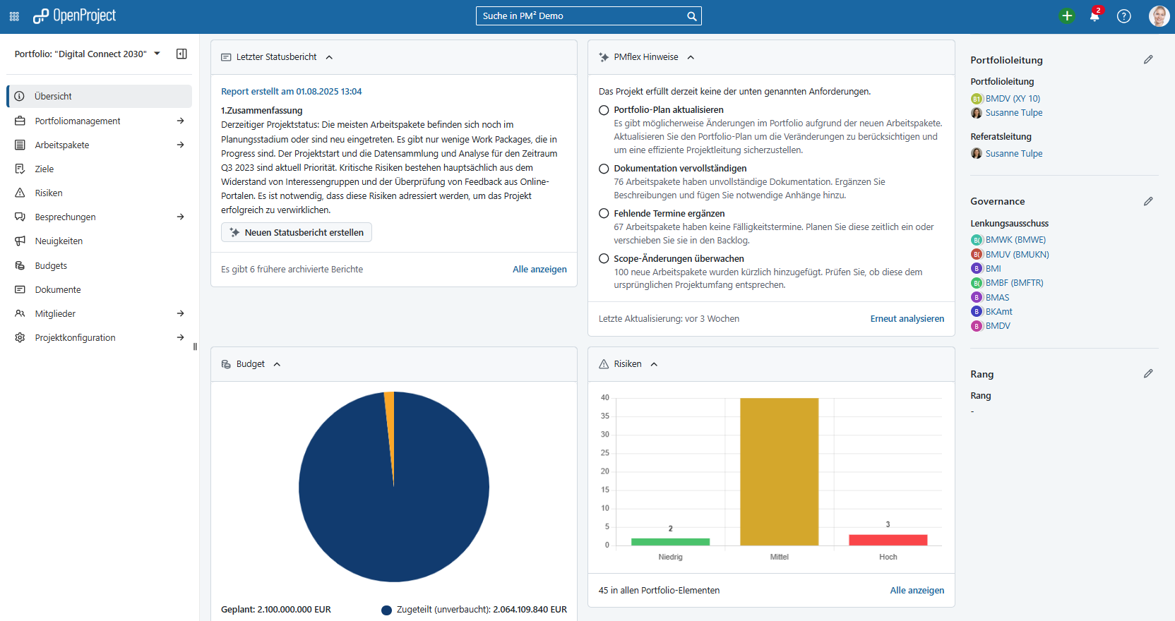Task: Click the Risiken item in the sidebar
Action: pos(49,193)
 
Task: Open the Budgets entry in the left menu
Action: pos(51,265)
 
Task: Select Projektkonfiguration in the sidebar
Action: pos(75,337)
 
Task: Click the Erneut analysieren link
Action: pos(907,319)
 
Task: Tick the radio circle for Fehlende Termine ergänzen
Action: pos(604,213)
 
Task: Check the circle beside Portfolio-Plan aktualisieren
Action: pos(604,110)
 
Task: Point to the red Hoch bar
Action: pos(888,540)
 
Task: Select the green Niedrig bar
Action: pos(670,542)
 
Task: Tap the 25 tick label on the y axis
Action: pos(604,452)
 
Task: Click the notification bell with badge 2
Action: pos(1095,16)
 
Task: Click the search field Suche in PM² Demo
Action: pos(583,16)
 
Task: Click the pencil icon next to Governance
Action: pos(1148,201)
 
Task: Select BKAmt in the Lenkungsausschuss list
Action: pos(998,311)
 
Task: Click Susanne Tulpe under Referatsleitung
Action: pos(1013,153)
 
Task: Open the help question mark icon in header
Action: pos(1123,16)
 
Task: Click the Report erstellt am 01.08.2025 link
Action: pos(291,92)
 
